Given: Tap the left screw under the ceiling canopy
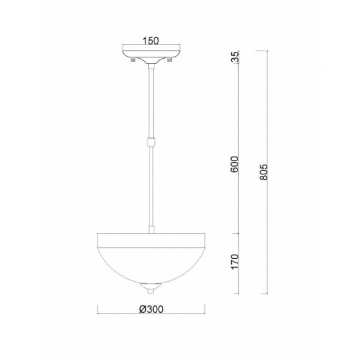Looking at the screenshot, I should click(132, 62).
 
